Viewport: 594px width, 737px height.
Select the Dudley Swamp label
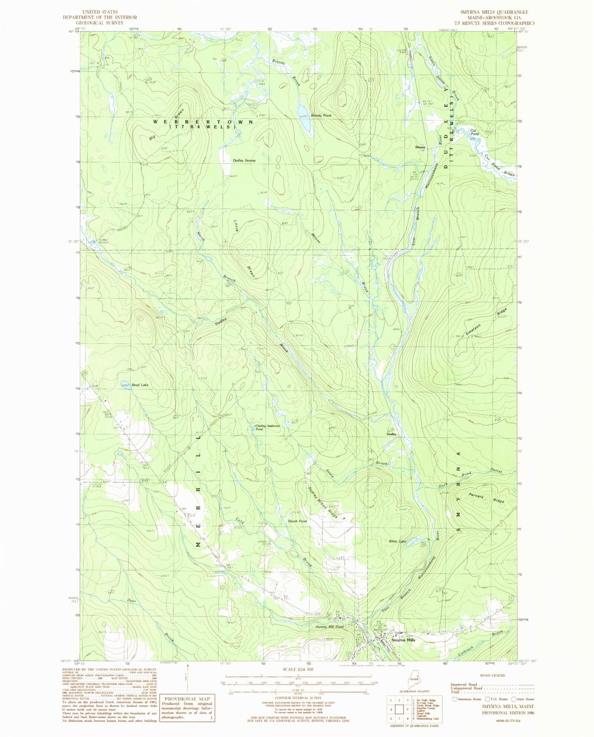[244, 160]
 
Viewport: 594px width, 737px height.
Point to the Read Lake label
[140, 385]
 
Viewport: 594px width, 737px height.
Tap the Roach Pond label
[297, 521]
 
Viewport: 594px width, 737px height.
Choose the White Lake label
[397, 541]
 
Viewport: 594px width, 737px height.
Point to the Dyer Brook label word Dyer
[131, 601]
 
